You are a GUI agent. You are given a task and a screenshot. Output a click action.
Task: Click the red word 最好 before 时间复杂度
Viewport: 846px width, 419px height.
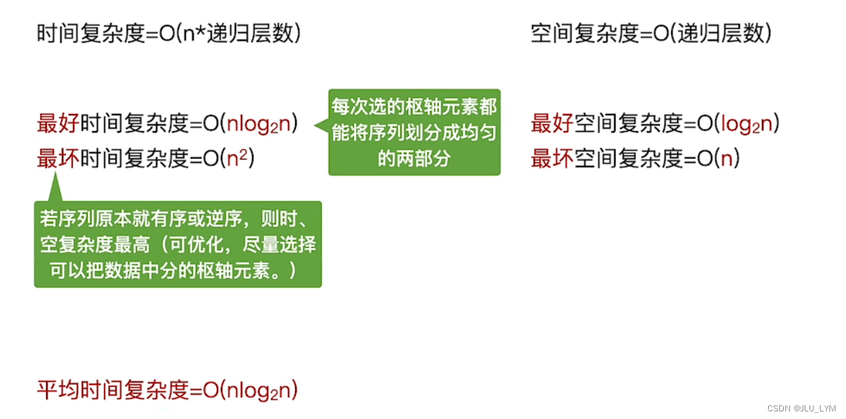58,124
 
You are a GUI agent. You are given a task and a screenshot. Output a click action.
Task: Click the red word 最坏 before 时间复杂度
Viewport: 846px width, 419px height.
58,159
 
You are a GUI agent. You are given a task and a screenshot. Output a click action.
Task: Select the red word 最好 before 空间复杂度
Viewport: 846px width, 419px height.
552,124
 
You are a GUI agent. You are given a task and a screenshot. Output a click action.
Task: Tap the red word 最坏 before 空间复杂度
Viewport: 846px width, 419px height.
552,159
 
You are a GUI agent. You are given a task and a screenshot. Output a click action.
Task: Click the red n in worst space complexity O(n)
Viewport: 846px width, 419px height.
725,159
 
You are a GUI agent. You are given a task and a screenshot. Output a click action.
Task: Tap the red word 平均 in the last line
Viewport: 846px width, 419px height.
58,391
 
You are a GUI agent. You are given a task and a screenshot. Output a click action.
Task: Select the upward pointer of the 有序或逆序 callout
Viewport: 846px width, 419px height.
53,188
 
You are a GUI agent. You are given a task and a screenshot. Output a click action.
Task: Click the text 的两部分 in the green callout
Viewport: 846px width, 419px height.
414,159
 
